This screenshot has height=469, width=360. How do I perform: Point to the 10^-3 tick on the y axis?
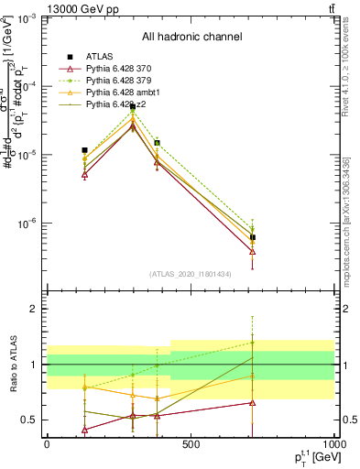pos(28,18)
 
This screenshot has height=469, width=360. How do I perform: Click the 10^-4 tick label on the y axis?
pos(28,87)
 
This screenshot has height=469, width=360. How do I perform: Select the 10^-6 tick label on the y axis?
pos(28,224)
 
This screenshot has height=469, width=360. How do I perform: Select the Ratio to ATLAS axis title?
pos(11,365)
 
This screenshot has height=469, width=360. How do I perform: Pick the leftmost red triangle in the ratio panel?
pos(84,430)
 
